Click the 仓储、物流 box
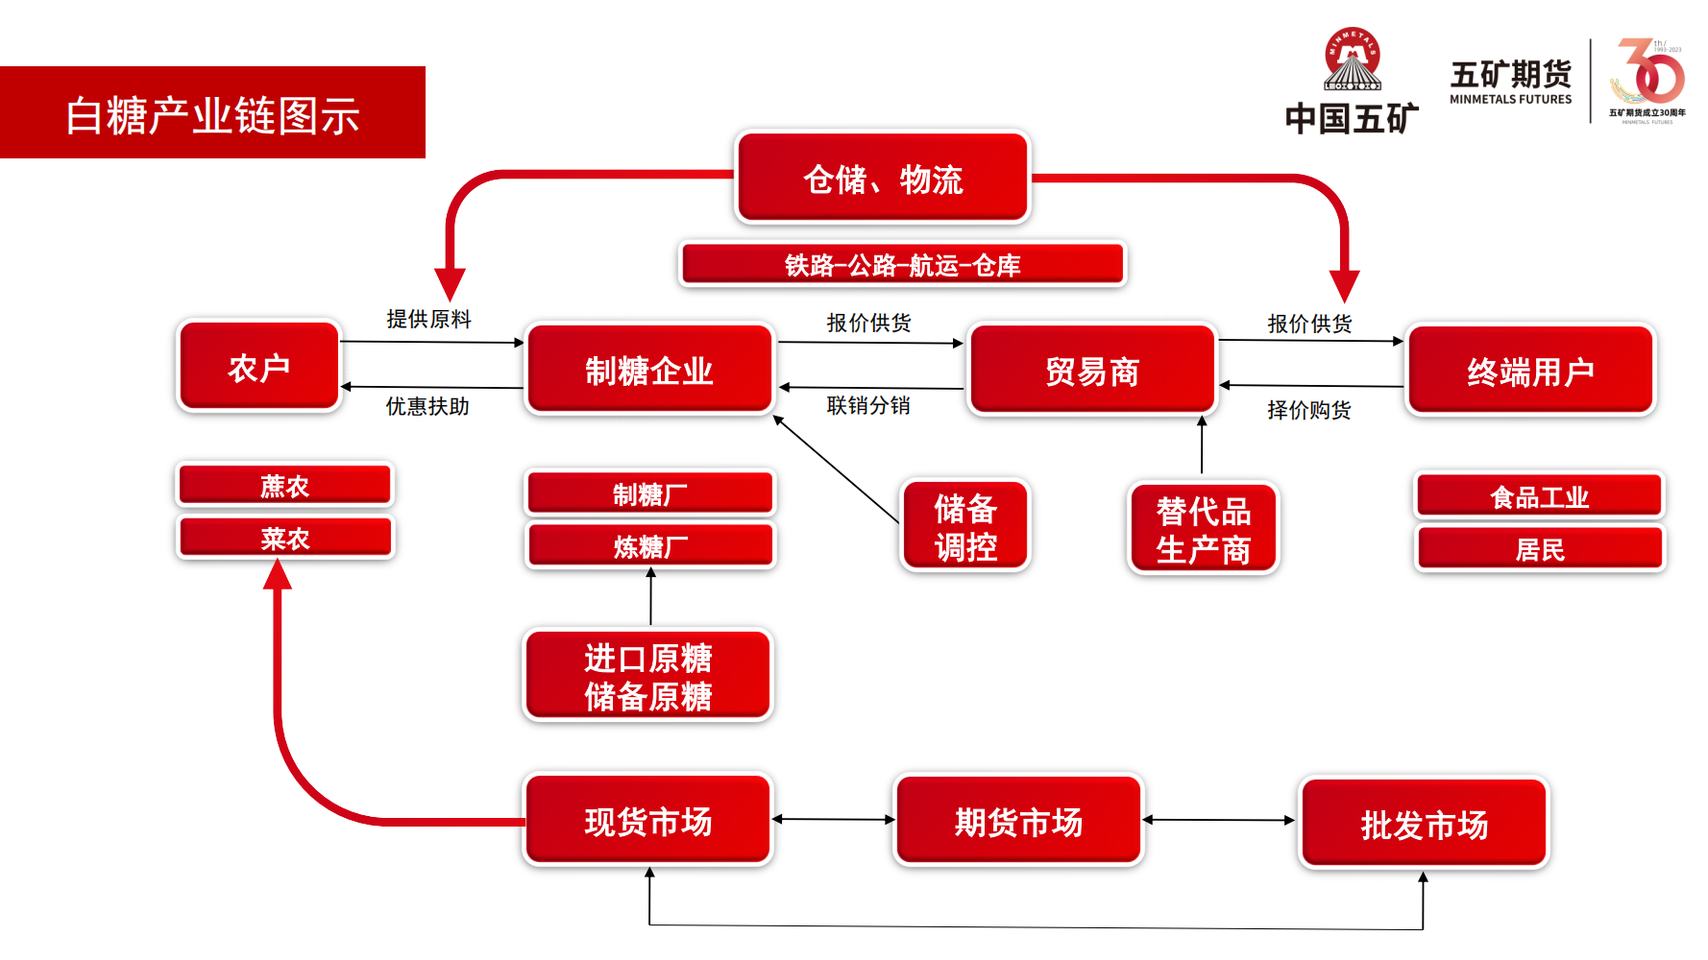883,179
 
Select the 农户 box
259,368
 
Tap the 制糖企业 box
649,371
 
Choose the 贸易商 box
1092,372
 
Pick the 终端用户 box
1530,372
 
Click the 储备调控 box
965,527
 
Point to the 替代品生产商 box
1203,530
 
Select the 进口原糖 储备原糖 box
648,676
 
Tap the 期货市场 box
1018,822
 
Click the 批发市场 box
1424,825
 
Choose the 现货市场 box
648,822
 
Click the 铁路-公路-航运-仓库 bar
902,265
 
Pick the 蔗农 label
285,486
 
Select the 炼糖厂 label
650,547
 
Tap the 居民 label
1540,549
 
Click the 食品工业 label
1540,497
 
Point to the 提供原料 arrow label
428,319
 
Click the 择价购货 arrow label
1309,411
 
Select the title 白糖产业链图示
212,115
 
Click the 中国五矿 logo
1352,82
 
